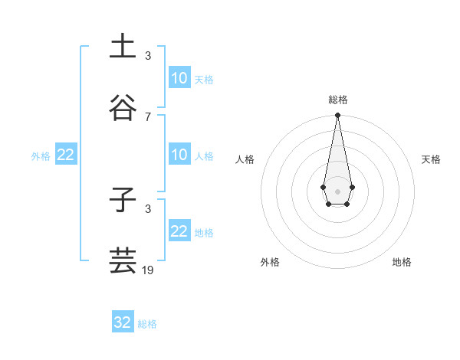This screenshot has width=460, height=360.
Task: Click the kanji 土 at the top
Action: pyautogui.click(x=123, y=45)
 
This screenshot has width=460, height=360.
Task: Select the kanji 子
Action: pyautogui.click(x=123, y=199)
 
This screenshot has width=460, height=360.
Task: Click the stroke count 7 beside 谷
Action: pyautogui.click(x=148, y=116)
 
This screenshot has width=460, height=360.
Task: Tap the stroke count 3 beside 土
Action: pyautogui.click(x=148, y=55)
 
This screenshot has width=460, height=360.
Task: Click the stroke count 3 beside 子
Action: pyautogui.click(x=148, y=208)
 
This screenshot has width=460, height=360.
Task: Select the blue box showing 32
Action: pyautogui.click(x=123, y=322)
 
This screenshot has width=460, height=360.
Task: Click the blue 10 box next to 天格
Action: pyautogui.click(x=179, y=78)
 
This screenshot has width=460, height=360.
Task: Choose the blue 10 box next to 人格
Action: pyautogui.click(x=179, y=155)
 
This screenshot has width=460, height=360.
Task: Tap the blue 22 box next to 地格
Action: pyautogui.click(x=179, y=231)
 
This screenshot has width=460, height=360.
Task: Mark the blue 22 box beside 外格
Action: pyautogui.click(x=66, y=155)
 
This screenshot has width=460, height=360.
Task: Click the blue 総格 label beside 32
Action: pyautogui.click(x=147, y=324)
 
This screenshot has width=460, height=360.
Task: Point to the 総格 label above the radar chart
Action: pyautogui.click(x=338, y=100)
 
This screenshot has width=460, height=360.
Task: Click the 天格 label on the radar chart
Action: pyautogui.click(x=431, y=159)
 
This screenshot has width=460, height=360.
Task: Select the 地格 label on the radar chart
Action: pyautogui.click(x=402, y=262)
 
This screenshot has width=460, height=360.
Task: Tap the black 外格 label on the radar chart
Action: pyautogui.click(x=270, y=262)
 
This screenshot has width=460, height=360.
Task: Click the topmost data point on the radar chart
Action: pyautogui.click(x=337, y=115)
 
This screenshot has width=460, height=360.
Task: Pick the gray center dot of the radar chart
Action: pyautogui.click(x=337, y=190)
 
